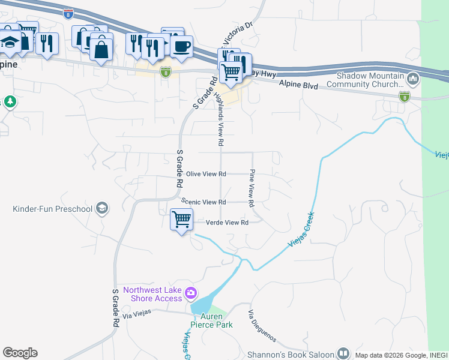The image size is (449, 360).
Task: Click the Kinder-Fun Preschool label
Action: click(x=53, y=209)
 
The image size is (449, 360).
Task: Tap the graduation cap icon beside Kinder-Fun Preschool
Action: click(x=102, y=208)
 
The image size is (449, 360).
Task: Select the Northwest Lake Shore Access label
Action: click(x=152, y=294)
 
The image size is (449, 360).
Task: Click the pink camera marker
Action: click(x=191, y=293)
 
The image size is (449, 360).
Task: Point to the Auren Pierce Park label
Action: click(x=211, y=320)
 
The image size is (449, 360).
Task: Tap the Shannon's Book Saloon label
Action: click(x=291, y=354)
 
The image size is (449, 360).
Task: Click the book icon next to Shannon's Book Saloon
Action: click(x=343, y=353)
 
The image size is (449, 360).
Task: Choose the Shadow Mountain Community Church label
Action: click(x=370, y=80)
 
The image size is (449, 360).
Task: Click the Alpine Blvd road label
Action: click(x=298, y=85)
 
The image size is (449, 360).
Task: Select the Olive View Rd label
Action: click(x=205, y=174)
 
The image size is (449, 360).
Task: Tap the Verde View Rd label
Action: click(x=227, y=223)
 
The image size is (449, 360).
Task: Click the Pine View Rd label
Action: click(x=252, y=185)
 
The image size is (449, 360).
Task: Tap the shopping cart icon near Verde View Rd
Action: click(x=181, y=220)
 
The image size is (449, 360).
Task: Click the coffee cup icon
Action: click(x=181, y=46)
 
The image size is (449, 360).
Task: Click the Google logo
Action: click(x=20, y=353)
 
